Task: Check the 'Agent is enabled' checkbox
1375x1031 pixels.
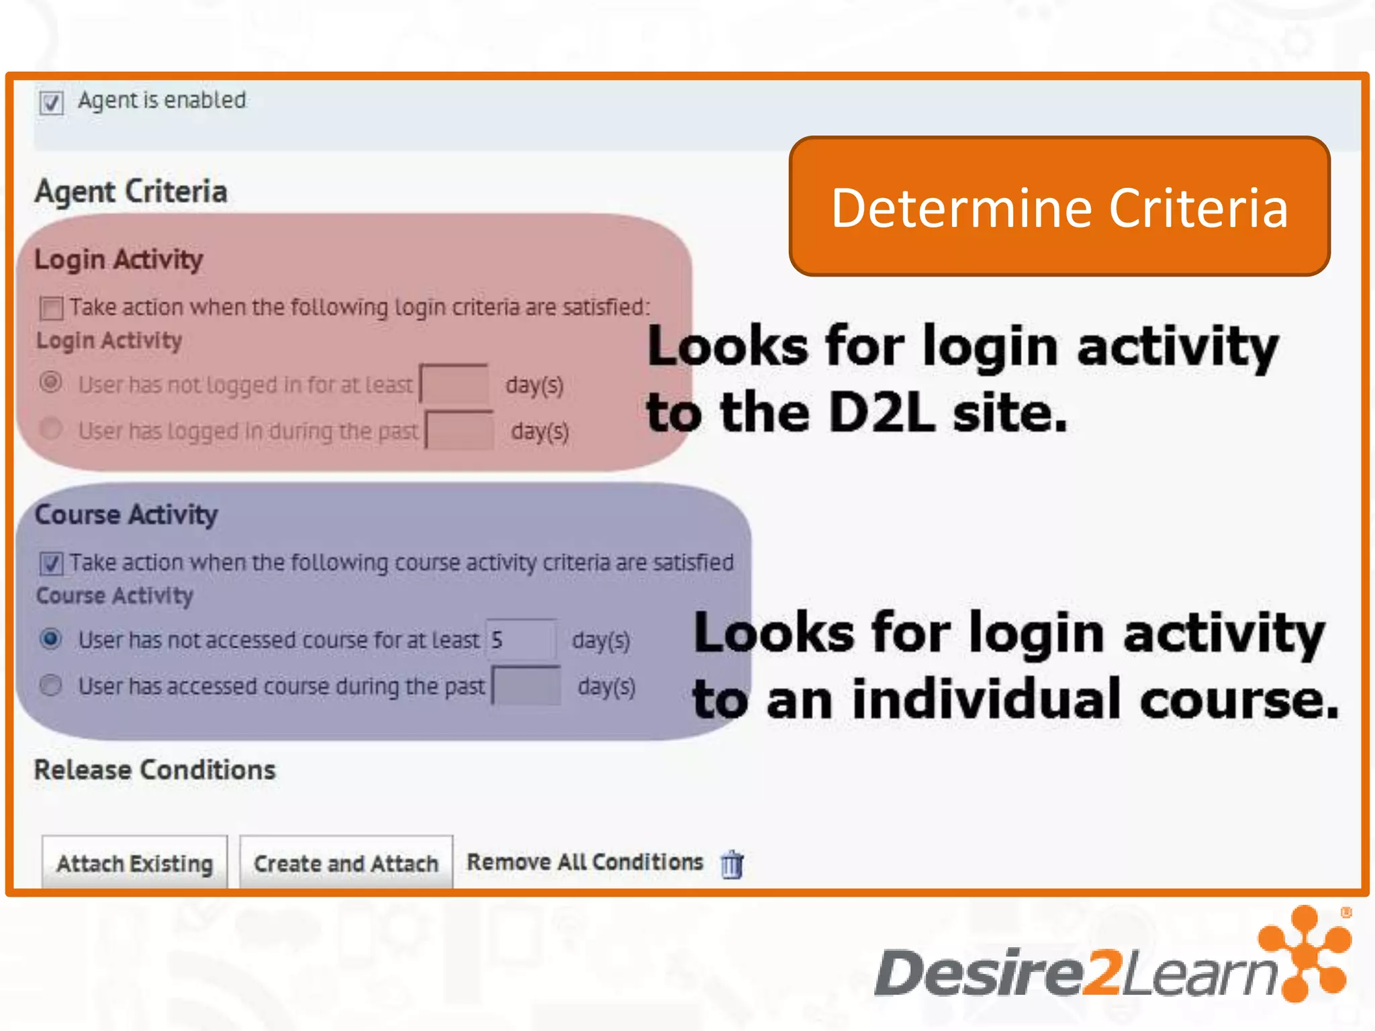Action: pyautogui.click(x=51, y=103)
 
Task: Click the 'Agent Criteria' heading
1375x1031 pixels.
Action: pyautogui.click(x=131, y=191)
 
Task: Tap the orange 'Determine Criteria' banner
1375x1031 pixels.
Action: pyautogui.click(x=1059, y=207)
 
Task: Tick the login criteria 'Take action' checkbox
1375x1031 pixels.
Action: pyautogui.click(x=51, y=308)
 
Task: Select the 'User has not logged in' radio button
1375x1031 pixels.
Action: pyautogui.click(x=51, y=383)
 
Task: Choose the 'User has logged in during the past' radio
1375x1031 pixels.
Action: pyautogui.click(x=51, y=429)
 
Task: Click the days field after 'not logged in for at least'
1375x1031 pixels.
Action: pyautogui.click(x=455, y=384)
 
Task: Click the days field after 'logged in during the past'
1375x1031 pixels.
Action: pyautogui.click(x=460, y=430)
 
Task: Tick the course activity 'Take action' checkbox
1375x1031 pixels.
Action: pyautogui.click(x=51, y=563)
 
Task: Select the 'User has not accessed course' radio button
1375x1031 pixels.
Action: pyautogui.click(x=51, y=638)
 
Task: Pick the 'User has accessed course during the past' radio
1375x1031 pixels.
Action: pyautogui.click(x=51, y=685)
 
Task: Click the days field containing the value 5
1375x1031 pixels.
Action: pyautogui.click(x=521, y=640)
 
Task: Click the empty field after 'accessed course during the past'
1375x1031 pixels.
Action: pyautogui.click(x=526, y=686)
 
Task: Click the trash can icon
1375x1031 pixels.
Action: pyautogui.click(x=732, y=864)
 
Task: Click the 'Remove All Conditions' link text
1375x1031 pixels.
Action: pyautogui.click(x=585, y=862)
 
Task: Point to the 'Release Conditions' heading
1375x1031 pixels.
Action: pyautogui.click(x=155, y=770)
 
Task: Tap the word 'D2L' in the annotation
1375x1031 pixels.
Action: pyautogui.click(x=881, y=412)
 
